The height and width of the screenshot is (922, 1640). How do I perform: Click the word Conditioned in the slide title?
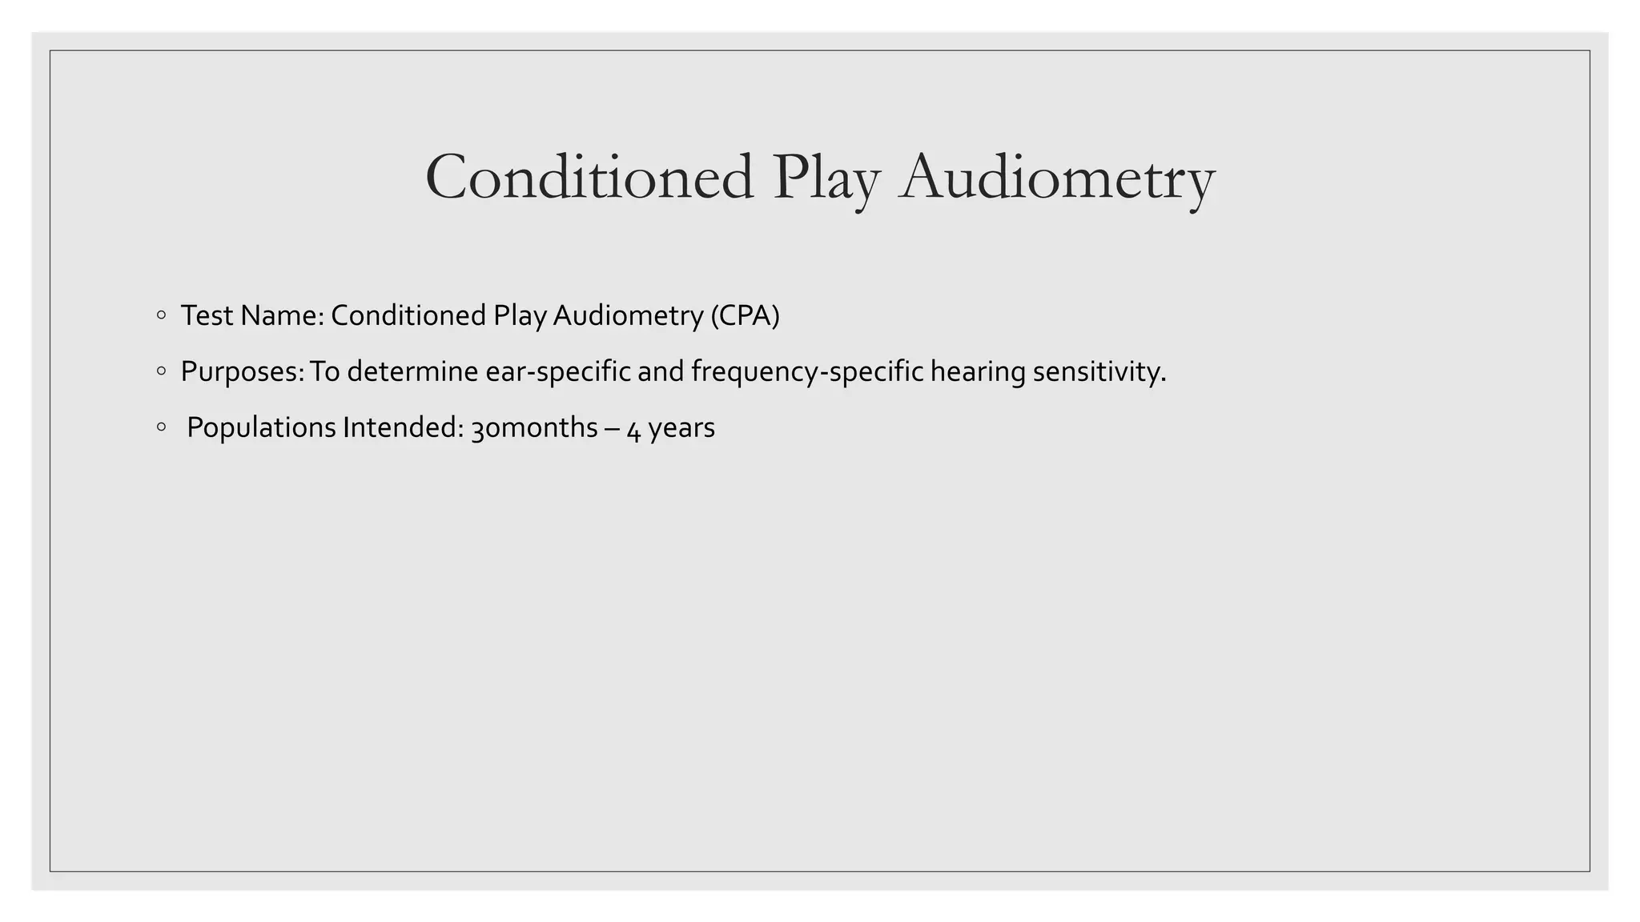click(589, 177)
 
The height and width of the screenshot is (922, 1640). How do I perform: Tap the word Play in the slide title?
click(826, 177)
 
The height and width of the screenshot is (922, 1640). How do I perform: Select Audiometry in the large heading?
click(1057, 177)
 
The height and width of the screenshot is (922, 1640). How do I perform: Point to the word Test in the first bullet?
click(207, 315)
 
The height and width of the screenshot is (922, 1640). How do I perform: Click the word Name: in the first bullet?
click(282, 315)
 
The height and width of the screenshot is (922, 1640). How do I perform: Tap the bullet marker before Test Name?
click(162, 315)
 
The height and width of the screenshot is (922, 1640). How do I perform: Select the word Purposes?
click(243, 371)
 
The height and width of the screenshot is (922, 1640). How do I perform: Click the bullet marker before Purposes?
click(162, 371)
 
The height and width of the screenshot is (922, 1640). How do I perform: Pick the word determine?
click(412, 371)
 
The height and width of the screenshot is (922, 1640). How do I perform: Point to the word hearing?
click(978, 371)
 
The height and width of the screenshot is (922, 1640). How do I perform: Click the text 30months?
click(534, 427)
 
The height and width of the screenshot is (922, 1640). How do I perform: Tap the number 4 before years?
click(633, 429)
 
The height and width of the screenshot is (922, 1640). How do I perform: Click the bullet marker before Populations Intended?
click(162, 427)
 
